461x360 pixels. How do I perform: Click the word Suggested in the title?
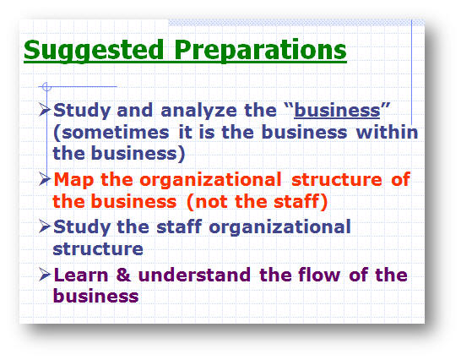pos(94,51)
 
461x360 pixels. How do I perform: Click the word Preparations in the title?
pos(260,51)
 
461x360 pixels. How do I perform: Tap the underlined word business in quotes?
pos(337,111)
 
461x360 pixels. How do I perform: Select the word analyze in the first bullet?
pos(198,112)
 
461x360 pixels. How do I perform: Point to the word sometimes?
pos(116,133)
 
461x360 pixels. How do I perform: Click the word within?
pos(387,132)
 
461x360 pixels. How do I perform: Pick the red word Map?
pos(73,180)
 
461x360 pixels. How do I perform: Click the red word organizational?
pos(210,180)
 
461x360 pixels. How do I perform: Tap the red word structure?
pos(336,180)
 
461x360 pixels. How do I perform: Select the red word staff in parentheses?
pos(296,202)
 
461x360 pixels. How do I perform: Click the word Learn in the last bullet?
pos(81,275)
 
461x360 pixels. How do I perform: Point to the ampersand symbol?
pos(123,275)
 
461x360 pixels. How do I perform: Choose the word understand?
pos(194,275)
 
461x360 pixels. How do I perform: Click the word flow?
pos(319,275)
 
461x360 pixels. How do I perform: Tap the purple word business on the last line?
pos(95,296)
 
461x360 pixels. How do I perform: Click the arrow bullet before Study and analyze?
pos(45,110)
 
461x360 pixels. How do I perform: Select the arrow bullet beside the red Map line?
pos(45,179)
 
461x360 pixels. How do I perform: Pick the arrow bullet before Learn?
pos(45,275)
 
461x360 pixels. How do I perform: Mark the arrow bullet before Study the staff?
pos(45,226)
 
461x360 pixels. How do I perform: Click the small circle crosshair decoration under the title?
pos(46,87)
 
